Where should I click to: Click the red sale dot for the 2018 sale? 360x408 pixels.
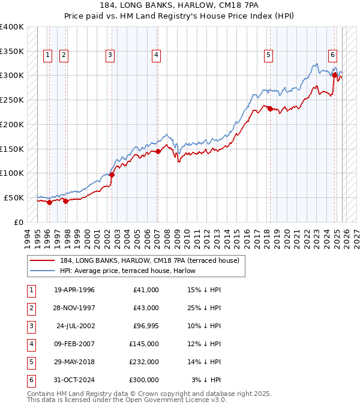point(270,109)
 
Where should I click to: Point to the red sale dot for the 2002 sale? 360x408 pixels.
point(112,175)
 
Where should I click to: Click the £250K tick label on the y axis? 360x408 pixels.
point(12,100)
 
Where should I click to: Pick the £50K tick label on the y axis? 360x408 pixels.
point(14,197)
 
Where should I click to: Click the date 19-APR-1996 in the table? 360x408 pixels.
point(74,290)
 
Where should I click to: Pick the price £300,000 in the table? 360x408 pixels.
point(143,380)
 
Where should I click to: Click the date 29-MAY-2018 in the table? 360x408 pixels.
point(74,362)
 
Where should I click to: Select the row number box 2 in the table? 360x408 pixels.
point(30,308)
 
